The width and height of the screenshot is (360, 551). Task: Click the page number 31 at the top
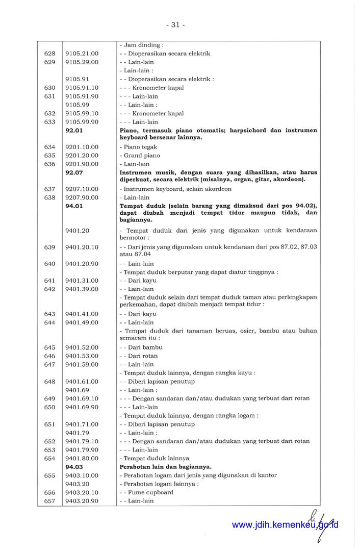tap(175, 24)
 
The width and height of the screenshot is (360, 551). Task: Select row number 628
tap(49, 54)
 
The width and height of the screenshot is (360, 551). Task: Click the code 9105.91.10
tap(82, 88)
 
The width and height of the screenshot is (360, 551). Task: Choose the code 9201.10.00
tap(82, 147)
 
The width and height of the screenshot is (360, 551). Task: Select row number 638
tap(49, 197)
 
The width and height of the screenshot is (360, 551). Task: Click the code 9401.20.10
tap(82, 247)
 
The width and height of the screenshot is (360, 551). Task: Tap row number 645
tap(49, 347)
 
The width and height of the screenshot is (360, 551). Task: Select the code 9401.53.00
tap(82, 356)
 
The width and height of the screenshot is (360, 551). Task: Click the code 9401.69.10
tap(82, 398)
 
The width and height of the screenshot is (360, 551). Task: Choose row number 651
tap(49, 424)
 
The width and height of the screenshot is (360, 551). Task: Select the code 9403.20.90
tap(82, 501)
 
